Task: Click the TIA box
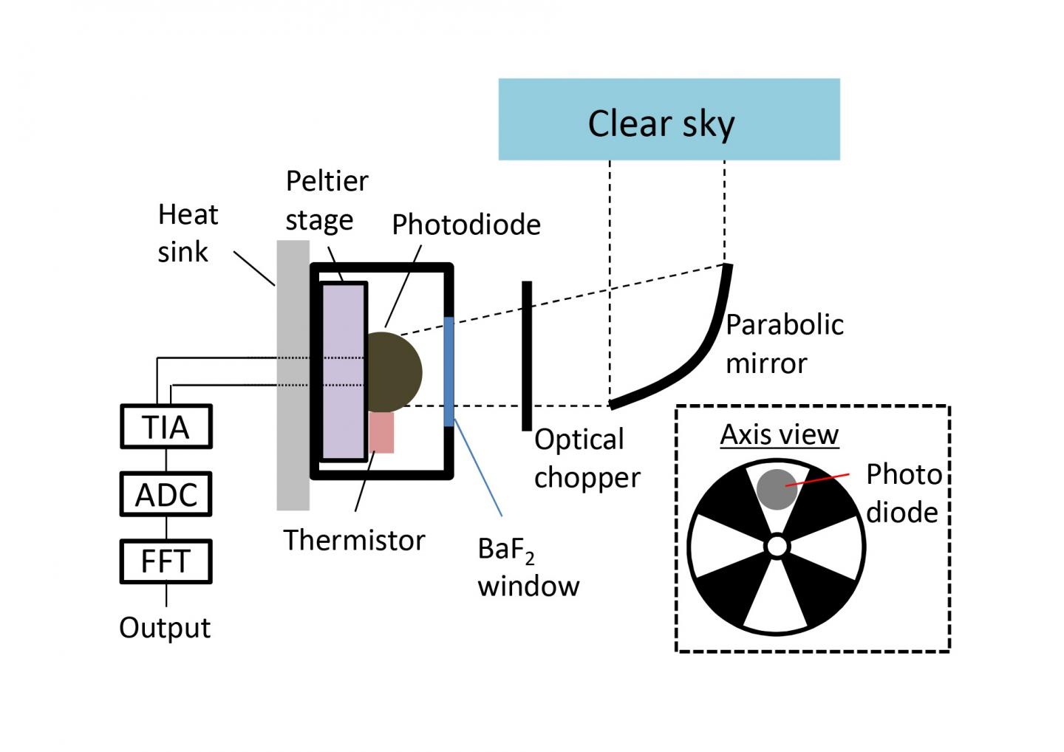click(x=166, y=426)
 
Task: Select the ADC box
click(x=166, y=494)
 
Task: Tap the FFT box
click(x=166, y=561)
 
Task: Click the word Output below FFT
click(x=165, y=628)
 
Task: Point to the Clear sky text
click(x=661, y=123)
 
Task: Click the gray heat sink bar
click(x=293, y=443)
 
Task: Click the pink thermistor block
click(x=381, y=432)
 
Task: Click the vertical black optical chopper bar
click(x=526, y=355)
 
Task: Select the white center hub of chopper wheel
click(x=777, y=547)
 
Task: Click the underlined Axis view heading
click(x=780, y=434)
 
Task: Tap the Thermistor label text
click(x=354, y=540)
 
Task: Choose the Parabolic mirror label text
click(x=784, y=343)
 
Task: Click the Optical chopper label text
click(x=587, y=458)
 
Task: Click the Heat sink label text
click(x=188, y=233)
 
